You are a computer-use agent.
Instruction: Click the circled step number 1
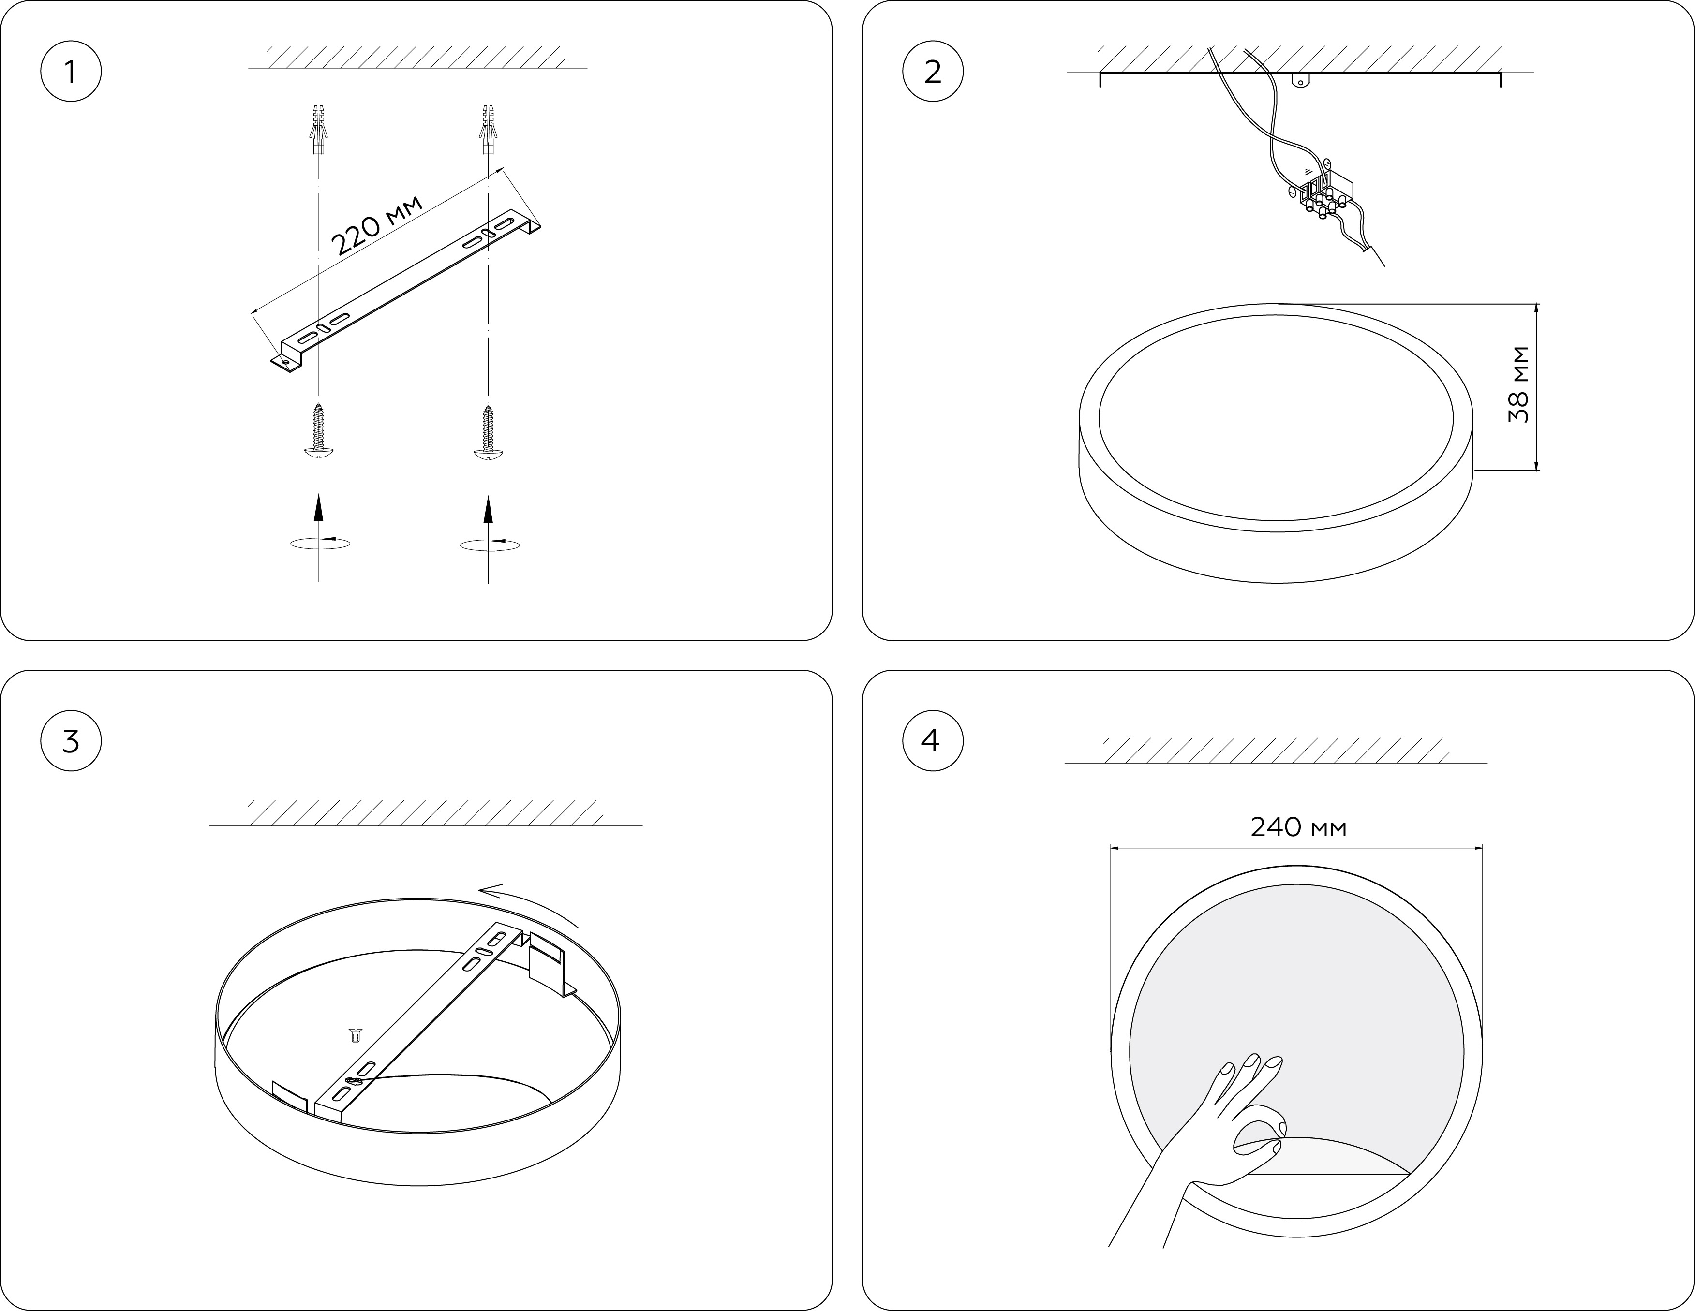pyautogui.click(x=71, y=72)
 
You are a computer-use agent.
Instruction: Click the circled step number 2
pyautogui.click(x=933, y=72)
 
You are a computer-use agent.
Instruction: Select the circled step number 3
pyautogui.click(x=71, y=741)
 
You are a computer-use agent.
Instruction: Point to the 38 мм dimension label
pyautogui.click(x=1519, y=385)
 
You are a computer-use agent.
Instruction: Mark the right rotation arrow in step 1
pyautogui.click(x=490, y=544)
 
